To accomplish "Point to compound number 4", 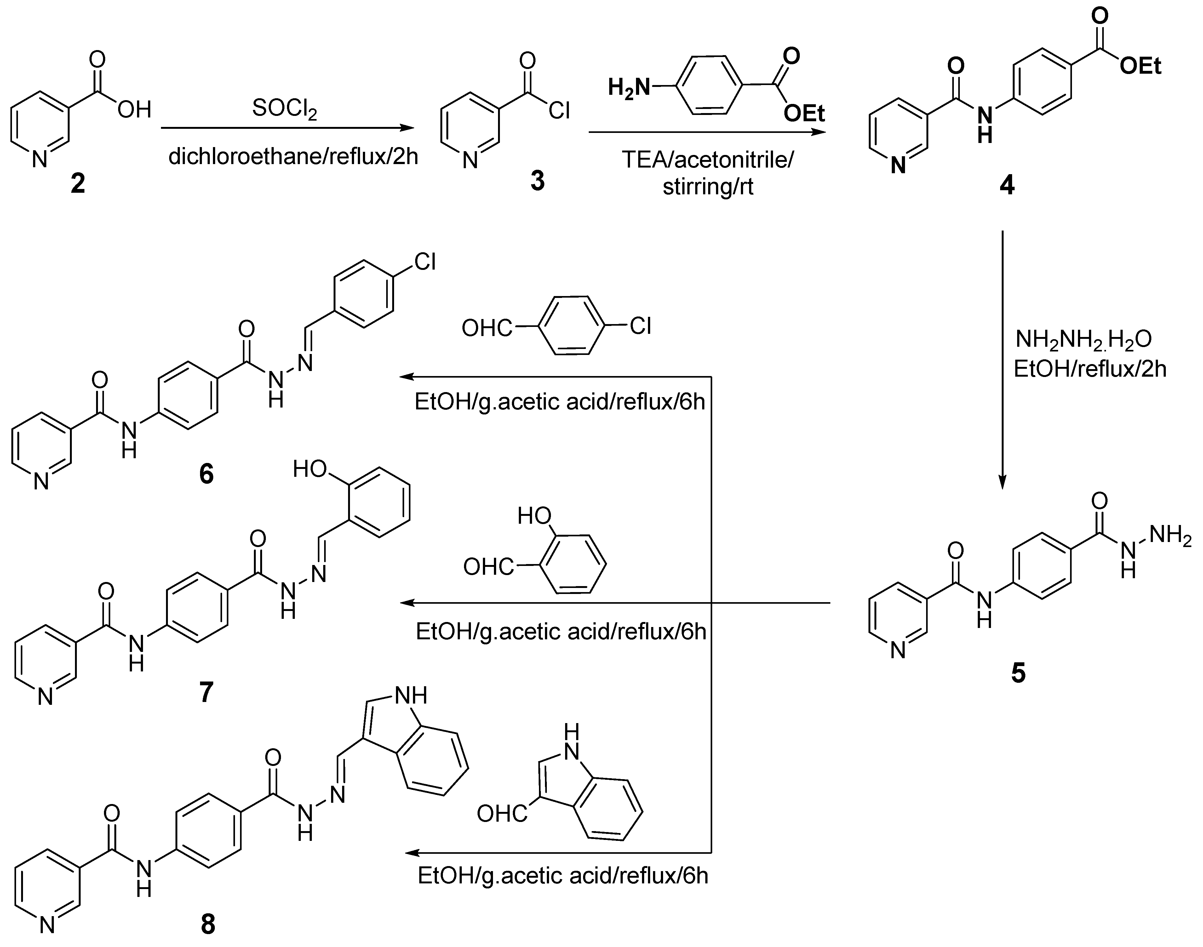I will point(1007,185).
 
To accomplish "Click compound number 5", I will point(1018,673).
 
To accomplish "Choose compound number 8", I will point(208,924).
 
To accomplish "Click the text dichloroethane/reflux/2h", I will point(293,157).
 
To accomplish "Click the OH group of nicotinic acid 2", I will point(134,110).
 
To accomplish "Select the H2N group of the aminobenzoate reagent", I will point(628,88).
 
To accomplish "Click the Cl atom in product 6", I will point(425,262).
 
